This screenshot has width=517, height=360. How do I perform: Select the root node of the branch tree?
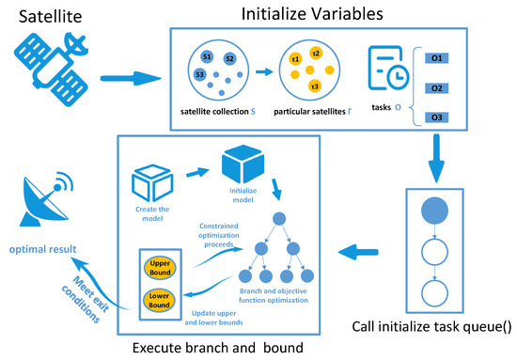point(280,218)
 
